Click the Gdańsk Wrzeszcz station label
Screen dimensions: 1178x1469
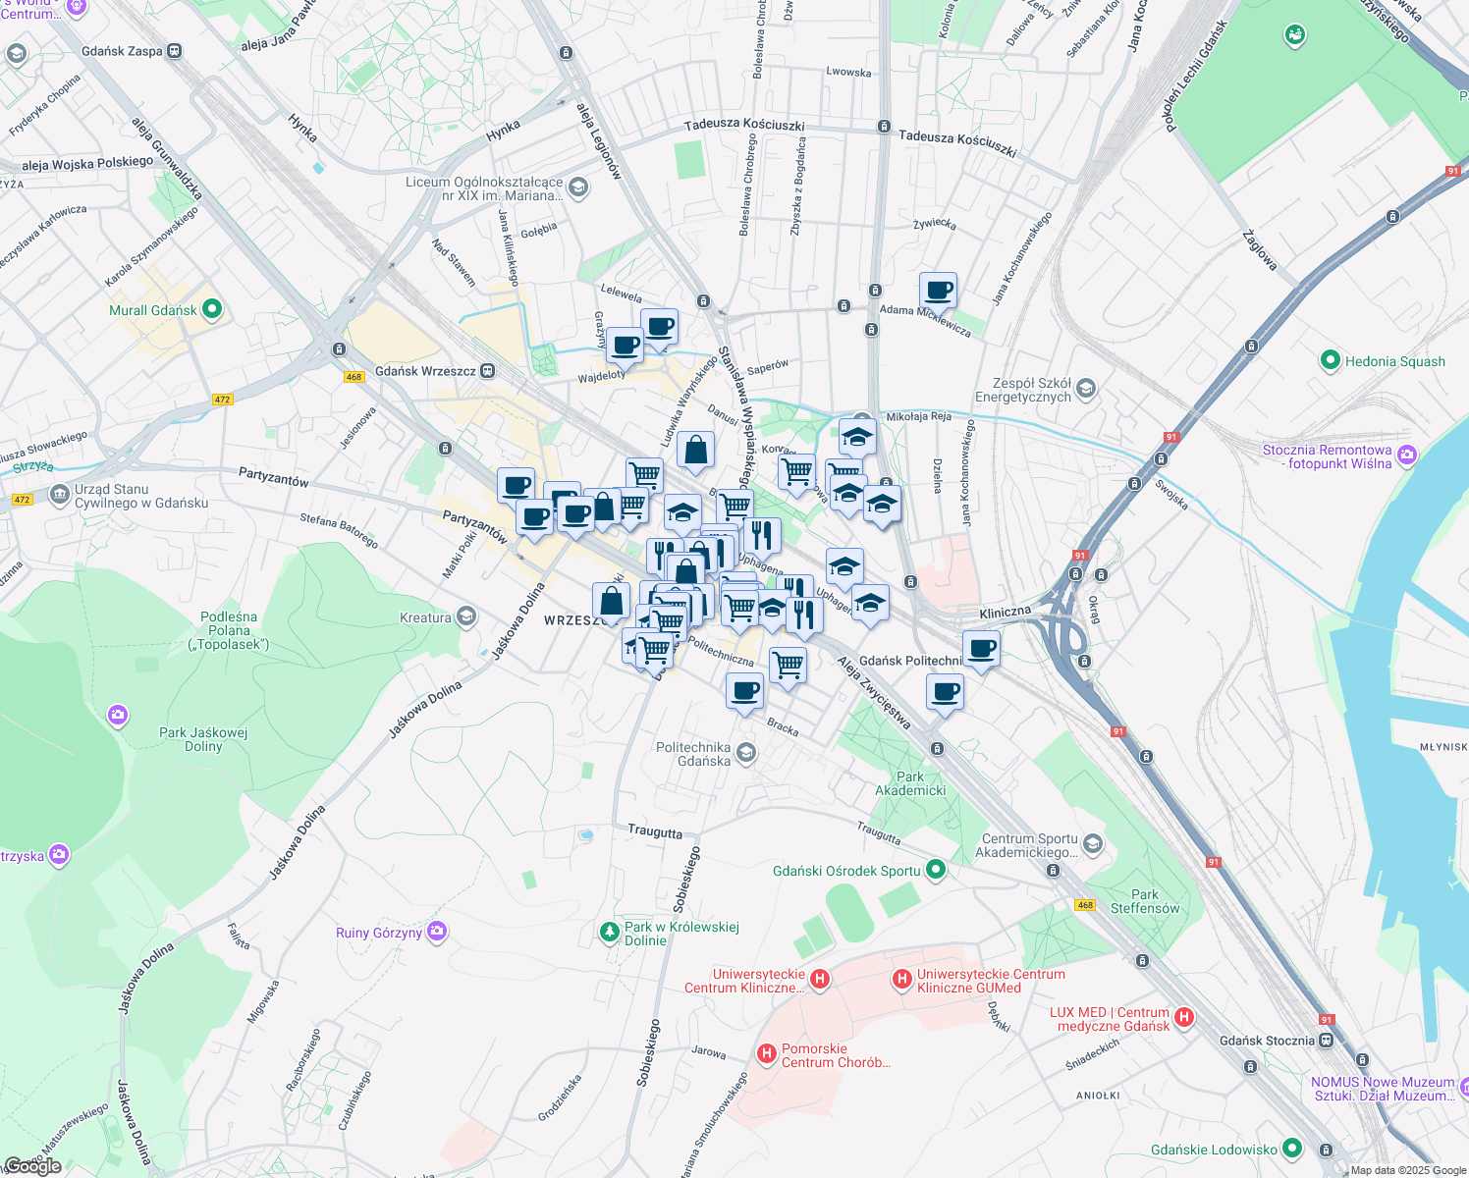coord(425,371)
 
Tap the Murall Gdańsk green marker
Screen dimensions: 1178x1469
coord(211,310)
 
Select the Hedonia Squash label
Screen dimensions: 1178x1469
coord(1394,361)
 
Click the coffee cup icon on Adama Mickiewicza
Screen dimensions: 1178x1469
coord(939,291)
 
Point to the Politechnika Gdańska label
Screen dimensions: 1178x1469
coord(693,754)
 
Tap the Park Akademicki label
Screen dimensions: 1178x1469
coord(910,783)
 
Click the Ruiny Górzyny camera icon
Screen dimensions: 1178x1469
coord(437,932)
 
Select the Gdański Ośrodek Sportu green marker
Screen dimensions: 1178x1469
coord(936,870)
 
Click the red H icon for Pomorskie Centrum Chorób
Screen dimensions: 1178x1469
coord(767,1053)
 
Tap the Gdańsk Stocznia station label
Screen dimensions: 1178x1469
coord(1267,1041)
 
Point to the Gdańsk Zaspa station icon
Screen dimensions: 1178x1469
coord(175,51)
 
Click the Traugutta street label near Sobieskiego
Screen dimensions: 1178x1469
coord(655,832)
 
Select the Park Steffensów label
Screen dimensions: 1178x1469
coord(1145,901)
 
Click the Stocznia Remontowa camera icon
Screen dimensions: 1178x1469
coord(1407,455)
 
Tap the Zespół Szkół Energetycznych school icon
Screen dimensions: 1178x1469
coord(1085,390)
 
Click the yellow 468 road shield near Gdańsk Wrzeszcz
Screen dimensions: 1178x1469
coord(354,377)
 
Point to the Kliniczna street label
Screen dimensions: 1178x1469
coord(1005,613)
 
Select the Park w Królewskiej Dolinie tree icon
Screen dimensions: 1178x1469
coord(610,931)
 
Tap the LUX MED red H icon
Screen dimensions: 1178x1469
coord(1184,1017)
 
